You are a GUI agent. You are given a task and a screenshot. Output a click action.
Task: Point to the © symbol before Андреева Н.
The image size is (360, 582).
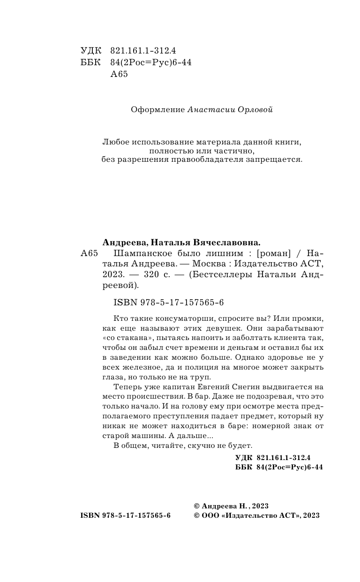click(x=196, y=506)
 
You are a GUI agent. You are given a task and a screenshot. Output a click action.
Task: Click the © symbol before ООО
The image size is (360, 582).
click(x=196, y=515)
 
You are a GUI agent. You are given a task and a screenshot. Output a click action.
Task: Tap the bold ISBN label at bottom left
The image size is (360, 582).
click(x=90, y=515)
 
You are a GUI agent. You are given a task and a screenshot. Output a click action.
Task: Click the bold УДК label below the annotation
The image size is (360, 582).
click(x=243, y=457)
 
